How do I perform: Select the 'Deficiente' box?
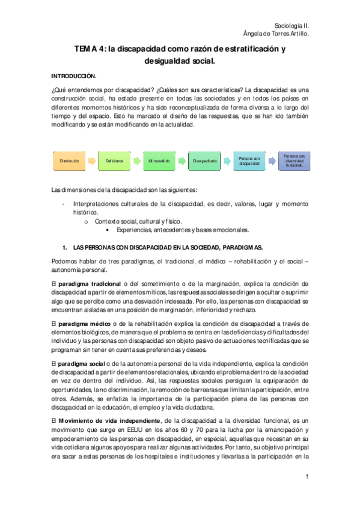pos(114,161)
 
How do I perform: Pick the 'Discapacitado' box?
pos(205,161)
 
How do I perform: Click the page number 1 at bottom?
pos(307,478)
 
